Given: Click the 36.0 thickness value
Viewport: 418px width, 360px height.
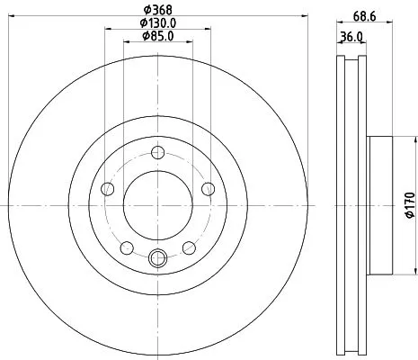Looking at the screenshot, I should click(x=351, y=38).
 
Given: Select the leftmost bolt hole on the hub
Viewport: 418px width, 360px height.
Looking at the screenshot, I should click(x=107, y=188).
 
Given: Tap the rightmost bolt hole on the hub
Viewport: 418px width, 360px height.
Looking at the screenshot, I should click(x=209, y=188).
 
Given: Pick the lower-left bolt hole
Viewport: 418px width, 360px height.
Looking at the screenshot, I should click(x=127, y=248).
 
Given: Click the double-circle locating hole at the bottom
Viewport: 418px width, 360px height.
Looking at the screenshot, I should click(x=158, y=260).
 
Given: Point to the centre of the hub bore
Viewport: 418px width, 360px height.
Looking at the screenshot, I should click(x=158, y=205).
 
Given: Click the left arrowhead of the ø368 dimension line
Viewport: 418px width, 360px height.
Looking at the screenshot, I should click(x=10, y=17).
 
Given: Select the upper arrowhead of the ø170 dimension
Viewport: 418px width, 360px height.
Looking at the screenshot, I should click(x=415, y=139).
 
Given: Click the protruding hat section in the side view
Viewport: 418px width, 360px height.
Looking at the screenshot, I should click(x=380, y=205).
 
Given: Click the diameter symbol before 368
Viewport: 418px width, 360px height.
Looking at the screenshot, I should click(x=146, y=10).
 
